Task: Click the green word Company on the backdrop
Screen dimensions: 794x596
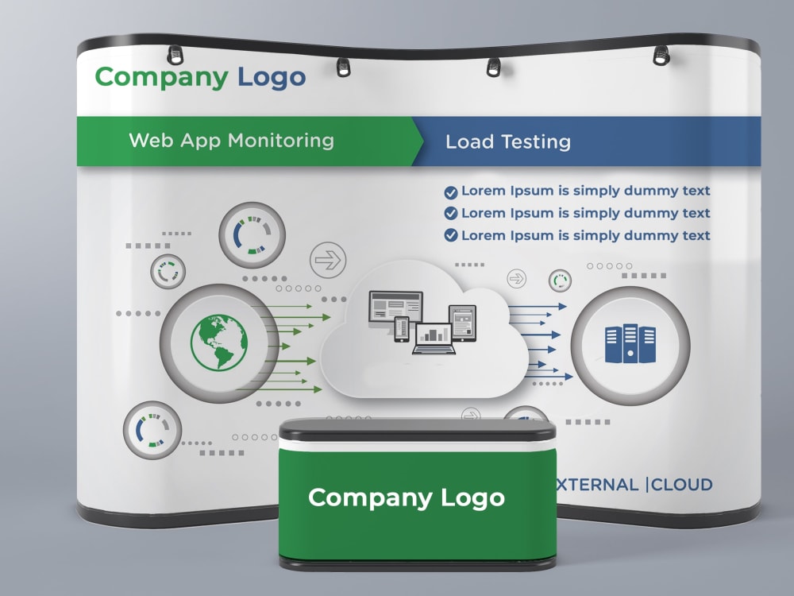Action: click(x=161, y=78)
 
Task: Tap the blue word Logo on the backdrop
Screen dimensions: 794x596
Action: click(x=272, y=78)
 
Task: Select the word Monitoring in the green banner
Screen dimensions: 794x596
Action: click(x=281, y=141)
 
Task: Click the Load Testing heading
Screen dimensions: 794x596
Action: click(x=508, y=142)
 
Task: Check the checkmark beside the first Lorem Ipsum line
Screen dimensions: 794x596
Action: click(x=451, y=192)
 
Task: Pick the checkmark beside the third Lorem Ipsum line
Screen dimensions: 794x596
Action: click(x=451, y=235)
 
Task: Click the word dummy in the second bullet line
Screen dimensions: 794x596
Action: click(x=651, y=213)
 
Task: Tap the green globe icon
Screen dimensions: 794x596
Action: click(x=219, y=342)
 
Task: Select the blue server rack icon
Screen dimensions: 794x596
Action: click(x=630, y=343)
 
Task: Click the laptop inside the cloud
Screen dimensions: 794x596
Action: click(x=434, y=339)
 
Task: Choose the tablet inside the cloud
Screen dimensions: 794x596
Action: click(x=462, y=323)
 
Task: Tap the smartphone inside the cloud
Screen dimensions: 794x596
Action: click(x=402, y=330)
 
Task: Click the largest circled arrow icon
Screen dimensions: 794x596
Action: click(x=328, y=260)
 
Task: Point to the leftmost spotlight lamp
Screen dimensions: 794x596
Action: click(x=175, y=55)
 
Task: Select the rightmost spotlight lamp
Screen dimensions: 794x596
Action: click(x=661, y=56)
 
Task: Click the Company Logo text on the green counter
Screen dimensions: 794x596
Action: click(x=406, y=497)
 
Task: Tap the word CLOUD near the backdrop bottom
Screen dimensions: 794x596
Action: click(x=681, y=485)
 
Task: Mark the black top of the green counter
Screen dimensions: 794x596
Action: click(x=418, y=430)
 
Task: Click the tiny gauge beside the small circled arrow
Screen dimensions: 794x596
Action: click(x=560, y=281)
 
